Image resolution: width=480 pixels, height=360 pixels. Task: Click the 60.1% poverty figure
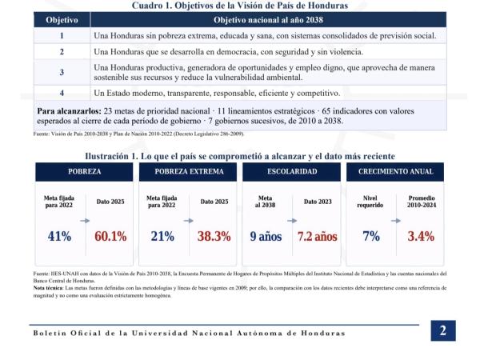[x=110, y=236]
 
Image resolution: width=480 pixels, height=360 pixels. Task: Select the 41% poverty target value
[x=59, y=236]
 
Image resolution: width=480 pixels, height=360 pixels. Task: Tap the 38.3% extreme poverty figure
[x=214, y=236]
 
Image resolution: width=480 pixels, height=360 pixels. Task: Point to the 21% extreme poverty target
[x=162, y=236]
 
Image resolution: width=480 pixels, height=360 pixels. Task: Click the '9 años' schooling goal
[x=266, y=236]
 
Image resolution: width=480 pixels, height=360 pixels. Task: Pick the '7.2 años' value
[x=317, y=236]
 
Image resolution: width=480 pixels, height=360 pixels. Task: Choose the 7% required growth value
[x=371, y=236]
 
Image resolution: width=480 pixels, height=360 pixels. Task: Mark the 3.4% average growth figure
[x=421, y=236]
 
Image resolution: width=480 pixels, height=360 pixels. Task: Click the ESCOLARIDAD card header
[x=292, y=172]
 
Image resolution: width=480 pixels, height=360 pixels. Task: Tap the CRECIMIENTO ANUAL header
[x=395, y=172]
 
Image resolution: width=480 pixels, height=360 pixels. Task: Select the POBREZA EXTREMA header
[x=188, y=172]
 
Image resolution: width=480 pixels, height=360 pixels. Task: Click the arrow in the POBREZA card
[x=85, y=221]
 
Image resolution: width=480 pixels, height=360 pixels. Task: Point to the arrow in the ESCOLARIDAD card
[x=292, y=221]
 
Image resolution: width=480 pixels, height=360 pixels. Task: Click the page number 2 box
[x=443, y=330]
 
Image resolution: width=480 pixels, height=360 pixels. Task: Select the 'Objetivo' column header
[x=62, y=20]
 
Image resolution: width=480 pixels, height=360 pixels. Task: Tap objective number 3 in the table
[x=62, y=72]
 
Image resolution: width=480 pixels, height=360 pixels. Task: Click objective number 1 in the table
[x=62, y=36]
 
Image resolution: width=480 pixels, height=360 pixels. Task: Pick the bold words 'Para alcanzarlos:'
[x=69, y=111]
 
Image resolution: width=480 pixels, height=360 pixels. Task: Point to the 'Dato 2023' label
[x=318, y=202]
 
